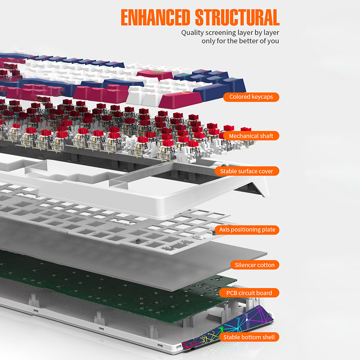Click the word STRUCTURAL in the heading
[237, 17]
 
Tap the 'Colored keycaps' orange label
[251, 97]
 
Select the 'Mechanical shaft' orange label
[251, 135]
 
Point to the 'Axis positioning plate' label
[247, 229]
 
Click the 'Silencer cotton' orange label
[254, 265]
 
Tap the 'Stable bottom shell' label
[249, 337]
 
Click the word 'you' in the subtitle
[274, 41]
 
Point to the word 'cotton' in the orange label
[265, 265]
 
